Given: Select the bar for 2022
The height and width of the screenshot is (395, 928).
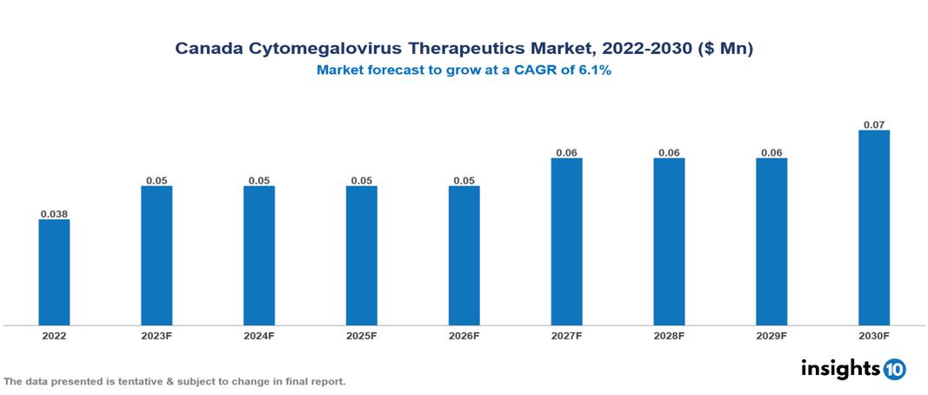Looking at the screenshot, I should click(54, 271).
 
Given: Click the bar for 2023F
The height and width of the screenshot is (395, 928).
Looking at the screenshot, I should click(157, 255).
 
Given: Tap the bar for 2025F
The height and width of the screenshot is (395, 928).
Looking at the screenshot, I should click(362, 255).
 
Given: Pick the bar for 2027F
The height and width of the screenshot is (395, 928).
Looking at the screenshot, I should click(566, 241).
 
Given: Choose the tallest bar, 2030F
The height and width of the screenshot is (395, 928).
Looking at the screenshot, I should click(874, 227).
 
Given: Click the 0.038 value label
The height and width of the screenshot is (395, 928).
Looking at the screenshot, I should click(54, 213).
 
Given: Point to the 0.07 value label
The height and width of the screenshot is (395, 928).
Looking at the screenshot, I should click(874, 124).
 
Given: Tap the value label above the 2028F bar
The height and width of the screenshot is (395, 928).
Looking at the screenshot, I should click(669, 152).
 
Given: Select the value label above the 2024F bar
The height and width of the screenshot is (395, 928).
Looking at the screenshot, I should click(259, 180).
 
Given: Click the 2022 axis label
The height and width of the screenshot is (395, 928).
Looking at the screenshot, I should click(54, 335).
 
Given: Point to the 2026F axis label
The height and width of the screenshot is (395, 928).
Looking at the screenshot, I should click(464, 335).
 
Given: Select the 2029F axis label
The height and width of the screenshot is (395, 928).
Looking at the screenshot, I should click(771, 335).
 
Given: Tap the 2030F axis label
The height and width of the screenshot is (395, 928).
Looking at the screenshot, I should click(874, 335).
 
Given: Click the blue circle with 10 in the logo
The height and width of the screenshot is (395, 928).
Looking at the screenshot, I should click(893, 369).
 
